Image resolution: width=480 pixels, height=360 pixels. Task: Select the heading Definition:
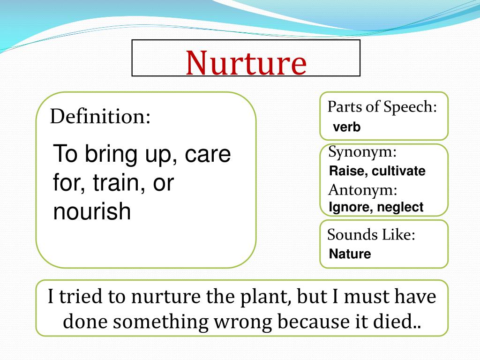pyautogui.click(x=100, y=116)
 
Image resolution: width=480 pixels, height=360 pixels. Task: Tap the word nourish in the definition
pyautogui.click(x=92, y=211)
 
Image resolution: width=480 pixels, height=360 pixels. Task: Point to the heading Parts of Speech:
pyautogui.click(x=382, y=107)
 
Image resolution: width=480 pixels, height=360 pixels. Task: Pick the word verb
pyautogui.click(x=347, y=127)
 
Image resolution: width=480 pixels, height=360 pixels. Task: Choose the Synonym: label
pyautogui.click(x=362, y=152)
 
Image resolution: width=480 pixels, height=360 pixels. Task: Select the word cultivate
pyautogui.click(x=399, y=171)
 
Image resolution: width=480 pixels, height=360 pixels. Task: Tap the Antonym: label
pyautogui.click(x=363, y=190)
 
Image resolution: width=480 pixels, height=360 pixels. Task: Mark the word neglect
pyautogui.click(x=401, y=207)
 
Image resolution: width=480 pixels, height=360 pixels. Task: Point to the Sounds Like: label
pyautogui.click(x=371, y=234)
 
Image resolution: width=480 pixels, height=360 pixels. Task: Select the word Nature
pyautogui.click(x=350, y=254)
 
